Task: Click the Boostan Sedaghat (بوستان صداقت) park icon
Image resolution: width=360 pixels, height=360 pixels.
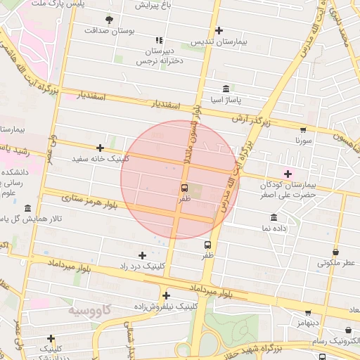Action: [x=108, y=20]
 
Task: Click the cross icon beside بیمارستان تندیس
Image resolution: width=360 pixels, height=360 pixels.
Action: [x=219, y=30]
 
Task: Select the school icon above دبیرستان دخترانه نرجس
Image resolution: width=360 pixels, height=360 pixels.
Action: [x=159, y=41]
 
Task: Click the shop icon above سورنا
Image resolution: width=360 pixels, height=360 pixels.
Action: [x=303, y=129]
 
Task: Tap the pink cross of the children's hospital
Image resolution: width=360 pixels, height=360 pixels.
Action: [x=288, y=174]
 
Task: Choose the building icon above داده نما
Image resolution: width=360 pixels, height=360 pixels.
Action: [x=274, y=217]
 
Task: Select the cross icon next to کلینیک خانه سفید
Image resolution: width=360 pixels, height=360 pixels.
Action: [x=101, y=148]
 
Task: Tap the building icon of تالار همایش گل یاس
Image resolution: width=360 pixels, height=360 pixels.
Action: [x=27, y=209]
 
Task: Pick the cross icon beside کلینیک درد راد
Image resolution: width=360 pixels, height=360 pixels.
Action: [x=143, y=255]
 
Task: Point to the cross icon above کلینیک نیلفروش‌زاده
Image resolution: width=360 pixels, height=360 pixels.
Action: [x=166, y=295]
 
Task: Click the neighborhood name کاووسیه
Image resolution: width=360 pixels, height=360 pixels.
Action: [x=91, y=309]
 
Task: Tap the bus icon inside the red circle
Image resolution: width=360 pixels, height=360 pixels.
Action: [x=184, y=188]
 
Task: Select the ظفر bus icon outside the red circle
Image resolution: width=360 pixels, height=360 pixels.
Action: [x=207, y=245]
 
